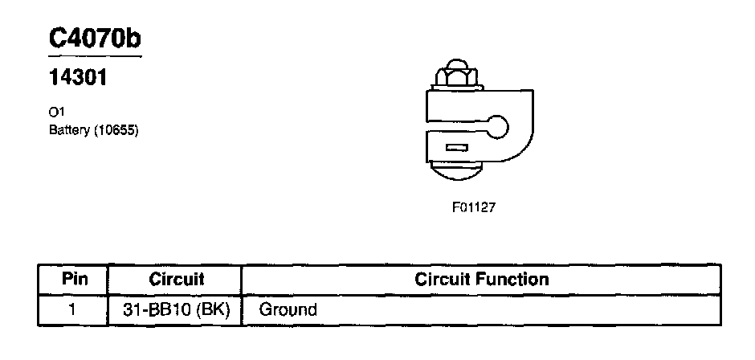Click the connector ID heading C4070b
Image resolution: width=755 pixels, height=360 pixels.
click(95, 39)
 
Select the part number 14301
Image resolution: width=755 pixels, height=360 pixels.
click(79, 80)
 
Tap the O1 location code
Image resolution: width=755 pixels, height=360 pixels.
click(56, 115)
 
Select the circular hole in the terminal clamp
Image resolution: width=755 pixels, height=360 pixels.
click(498, 127)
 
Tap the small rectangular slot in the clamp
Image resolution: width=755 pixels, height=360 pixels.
click(456, 148)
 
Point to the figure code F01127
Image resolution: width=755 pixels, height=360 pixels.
click(474, 207)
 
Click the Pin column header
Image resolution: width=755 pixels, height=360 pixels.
click(73, 280)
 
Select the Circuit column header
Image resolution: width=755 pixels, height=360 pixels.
click(176, 280)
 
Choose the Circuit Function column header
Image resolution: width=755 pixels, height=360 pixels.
click(481, 280)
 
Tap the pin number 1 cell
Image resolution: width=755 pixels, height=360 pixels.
click(73, 309)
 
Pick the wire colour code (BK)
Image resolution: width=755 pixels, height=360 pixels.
click(212, 309)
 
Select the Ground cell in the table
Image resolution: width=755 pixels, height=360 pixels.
click(288, 309)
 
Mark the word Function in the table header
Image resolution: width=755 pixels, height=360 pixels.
click(514, 280)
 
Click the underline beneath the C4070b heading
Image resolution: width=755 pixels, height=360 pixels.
click(95, 57)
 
